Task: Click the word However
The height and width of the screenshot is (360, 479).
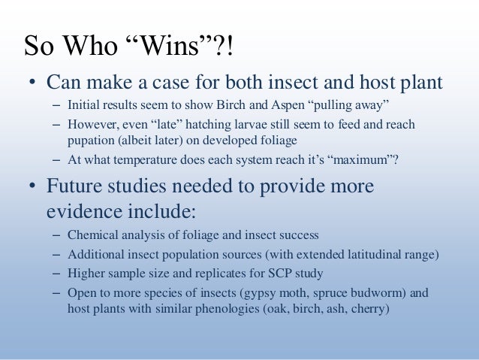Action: coord(91,123)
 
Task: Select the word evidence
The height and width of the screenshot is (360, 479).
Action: coord(83,210)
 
